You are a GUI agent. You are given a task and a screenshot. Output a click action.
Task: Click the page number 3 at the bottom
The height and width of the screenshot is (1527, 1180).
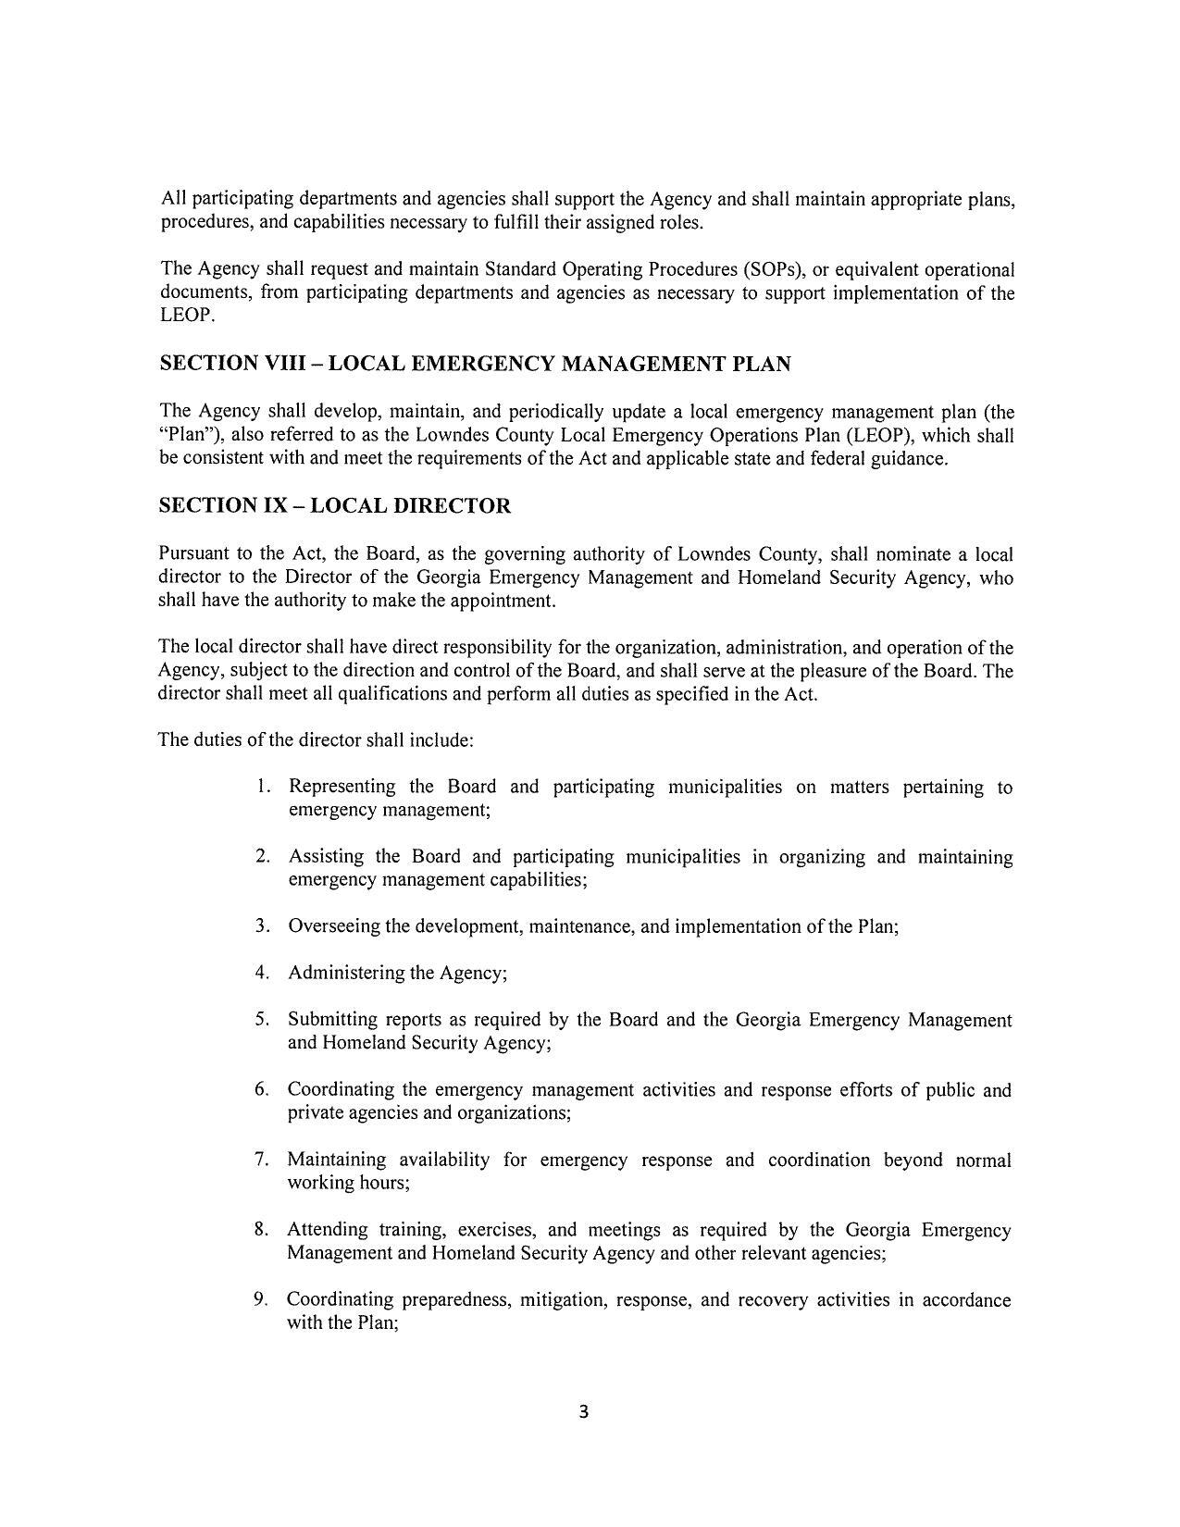point(583,1412)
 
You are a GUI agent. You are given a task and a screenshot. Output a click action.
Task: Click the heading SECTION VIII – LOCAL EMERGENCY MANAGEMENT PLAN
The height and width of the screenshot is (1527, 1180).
point(475,365)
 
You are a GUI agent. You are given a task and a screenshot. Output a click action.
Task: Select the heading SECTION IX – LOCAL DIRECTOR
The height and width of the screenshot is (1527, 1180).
point(335,506)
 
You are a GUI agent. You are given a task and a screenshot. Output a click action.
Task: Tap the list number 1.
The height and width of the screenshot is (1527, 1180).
point(264,788)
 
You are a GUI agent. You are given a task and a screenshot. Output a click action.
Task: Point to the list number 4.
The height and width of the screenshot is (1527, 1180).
point(263,973)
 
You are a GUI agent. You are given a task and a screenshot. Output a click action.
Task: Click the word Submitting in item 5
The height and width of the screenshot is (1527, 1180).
point(331,1020)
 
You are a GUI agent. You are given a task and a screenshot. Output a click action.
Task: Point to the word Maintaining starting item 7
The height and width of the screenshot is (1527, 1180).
point(336,1160)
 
